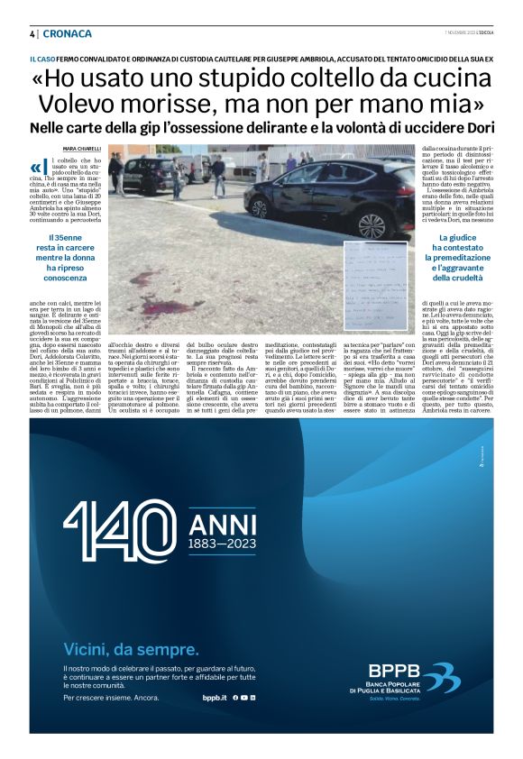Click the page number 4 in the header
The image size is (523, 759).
[32, 34]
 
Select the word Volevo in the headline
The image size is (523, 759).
[82, 104]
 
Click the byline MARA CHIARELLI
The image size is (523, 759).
[82, 149]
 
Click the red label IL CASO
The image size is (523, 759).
[42, 59]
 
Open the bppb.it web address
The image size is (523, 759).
[213, 698]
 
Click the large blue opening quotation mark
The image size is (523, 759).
[36, 167]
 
